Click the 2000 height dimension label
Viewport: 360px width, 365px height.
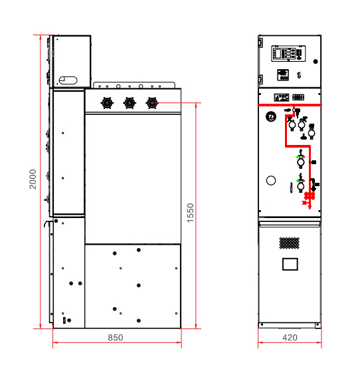(33, 179)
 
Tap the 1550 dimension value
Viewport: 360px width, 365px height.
(190, 213)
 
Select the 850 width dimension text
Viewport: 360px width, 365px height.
(116, 337)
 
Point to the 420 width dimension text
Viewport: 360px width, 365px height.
(290, 337)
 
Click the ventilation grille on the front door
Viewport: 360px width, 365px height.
(290, 243)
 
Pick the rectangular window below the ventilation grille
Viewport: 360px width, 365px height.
(290, 264)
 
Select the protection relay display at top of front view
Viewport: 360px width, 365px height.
(288, 54)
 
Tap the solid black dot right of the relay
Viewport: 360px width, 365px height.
(315, 61)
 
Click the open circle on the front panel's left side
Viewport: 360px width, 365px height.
(271, 180)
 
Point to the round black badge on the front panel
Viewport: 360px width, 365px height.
(271, 116)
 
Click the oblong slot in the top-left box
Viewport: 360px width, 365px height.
(68, 80)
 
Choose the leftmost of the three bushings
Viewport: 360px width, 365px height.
(107, 102)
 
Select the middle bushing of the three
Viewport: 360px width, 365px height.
(130, 102)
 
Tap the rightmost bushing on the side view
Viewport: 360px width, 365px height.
(151, 102)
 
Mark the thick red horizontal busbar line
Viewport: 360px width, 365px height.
(290, 105)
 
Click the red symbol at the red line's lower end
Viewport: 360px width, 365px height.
(309, 199)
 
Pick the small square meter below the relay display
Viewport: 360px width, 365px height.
(283, 75)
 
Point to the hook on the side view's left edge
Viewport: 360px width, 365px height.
(47, 223)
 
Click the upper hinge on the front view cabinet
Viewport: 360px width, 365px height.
(260, 43)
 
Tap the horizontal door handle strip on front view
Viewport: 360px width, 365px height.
(290, 224)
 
